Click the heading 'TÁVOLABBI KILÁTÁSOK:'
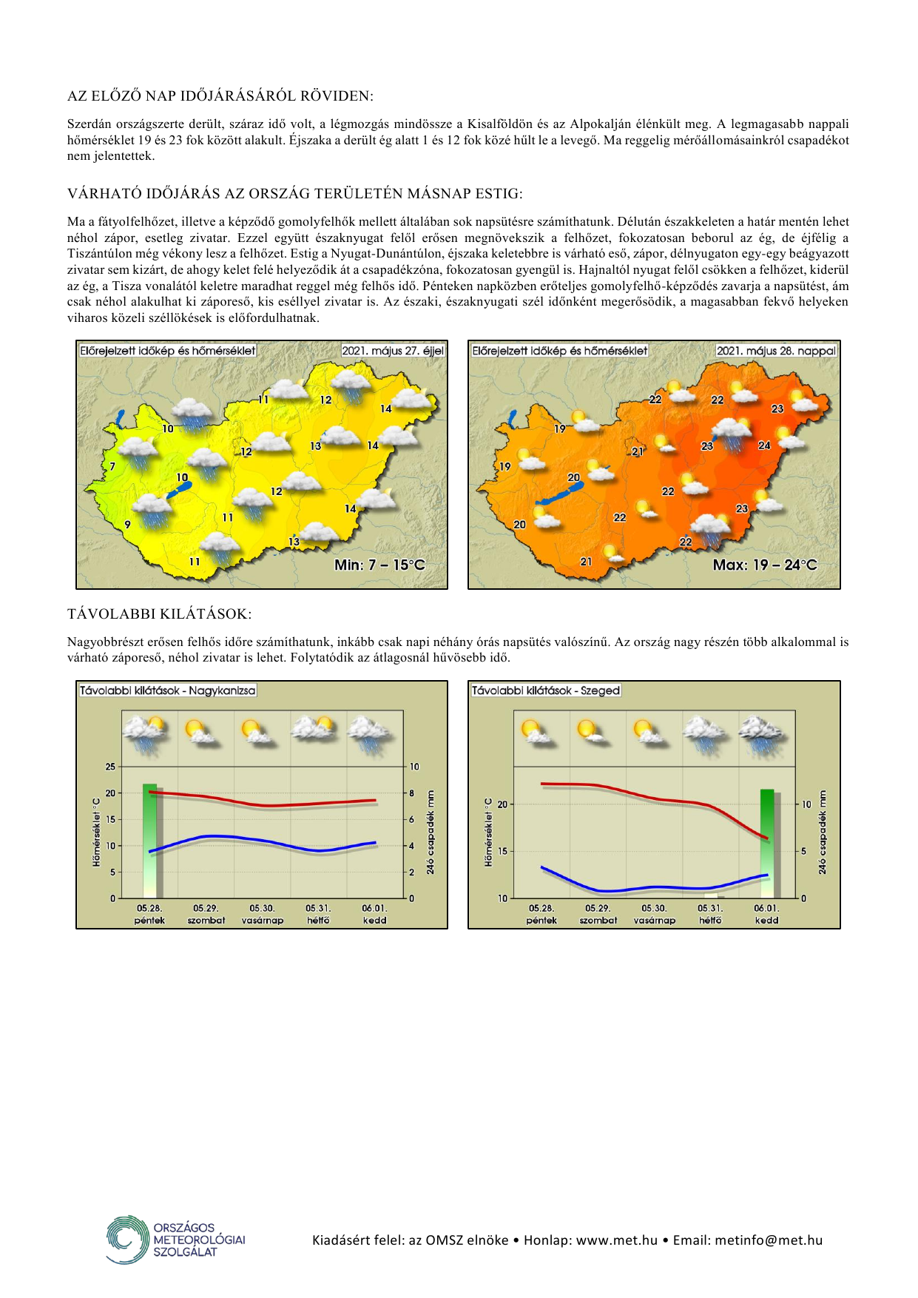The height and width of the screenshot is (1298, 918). (159, 614)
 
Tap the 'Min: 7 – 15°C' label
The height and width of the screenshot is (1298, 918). (379, 565)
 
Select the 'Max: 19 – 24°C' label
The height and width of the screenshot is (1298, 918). (765, 565)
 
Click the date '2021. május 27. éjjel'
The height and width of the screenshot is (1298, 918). (393, 351)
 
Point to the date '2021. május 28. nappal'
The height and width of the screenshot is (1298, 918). (776, 351)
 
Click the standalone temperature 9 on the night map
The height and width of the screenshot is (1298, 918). (128, 525)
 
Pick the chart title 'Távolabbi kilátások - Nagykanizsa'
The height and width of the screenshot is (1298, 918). (168, 690)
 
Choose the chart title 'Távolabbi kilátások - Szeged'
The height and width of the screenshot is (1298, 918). (546, 690)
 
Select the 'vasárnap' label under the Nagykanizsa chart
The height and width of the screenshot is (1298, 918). (263, 921)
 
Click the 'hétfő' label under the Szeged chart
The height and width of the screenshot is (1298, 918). (710, 921)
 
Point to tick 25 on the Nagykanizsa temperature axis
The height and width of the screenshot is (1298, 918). (110, 767)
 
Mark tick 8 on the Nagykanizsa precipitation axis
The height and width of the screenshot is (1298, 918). (413, 793)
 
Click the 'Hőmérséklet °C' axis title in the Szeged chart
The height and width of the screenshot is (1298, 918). (488, 833)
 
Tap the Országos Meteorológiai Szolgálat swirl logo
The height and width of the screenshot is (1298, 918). (127, 1239)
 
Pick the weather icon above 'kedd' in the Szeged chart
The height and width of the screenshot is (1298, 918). (763, 735)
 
